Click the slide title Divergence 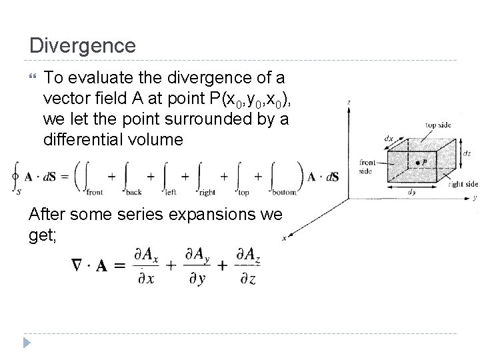[83, 45]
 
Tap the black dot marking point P [417, 162]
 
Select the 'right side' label [463, 184]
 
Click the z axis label [349, 102]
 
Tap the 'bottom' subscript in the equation [283, 192]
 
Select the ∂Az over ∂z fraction [248, 265]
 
